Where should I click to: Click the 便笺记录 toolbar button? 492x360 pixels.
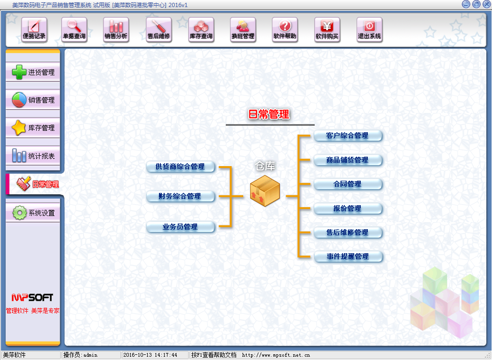tap(34, 29)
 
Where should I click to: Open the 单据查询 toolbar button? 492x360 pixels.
tap(74, 29)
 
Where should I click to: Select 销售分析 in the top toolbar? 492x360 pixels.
tap(116, 29)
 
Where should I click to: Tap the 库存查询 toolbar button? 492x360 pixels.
tap(201, 29)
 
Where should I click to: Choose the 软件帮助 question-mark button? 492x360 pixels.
tap(285, 29)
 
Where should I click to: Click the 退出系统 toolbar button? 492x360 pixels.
tap(369, 29)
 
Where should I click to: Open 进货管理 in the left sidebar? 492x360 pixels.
tap(33, 72)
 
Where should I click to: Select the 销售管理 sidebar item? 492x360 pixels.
tap(33, 100)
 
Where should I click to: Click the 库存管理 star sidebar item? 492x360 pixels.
tap(33, 128)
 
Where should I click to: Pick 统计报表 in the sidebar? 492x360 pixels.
tap(33, 156)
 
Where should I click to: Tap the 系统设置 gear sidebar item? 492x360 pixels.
tap(33, 213)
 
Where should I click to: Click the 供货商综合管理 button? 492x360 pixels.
tap(181, 167)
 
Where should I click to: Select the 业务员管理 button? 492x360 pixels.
tap(181, 227)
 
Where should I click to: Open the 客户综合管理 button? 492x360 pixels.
tap(348, 136)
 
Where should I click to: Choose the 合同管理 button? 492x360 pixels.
tap(348, 184)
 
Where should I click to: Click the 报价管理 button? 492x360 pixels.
tap(348, 208)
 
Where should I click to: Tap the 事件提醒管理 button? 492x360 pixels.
tap(348, 256)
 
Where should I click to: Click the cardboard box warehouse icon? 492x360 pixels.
tap(265, 191)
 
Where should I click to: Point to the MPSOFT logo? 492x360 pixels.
tap(32, 297)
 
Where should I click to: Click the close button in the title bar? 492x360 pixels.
tap(485, 4)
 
